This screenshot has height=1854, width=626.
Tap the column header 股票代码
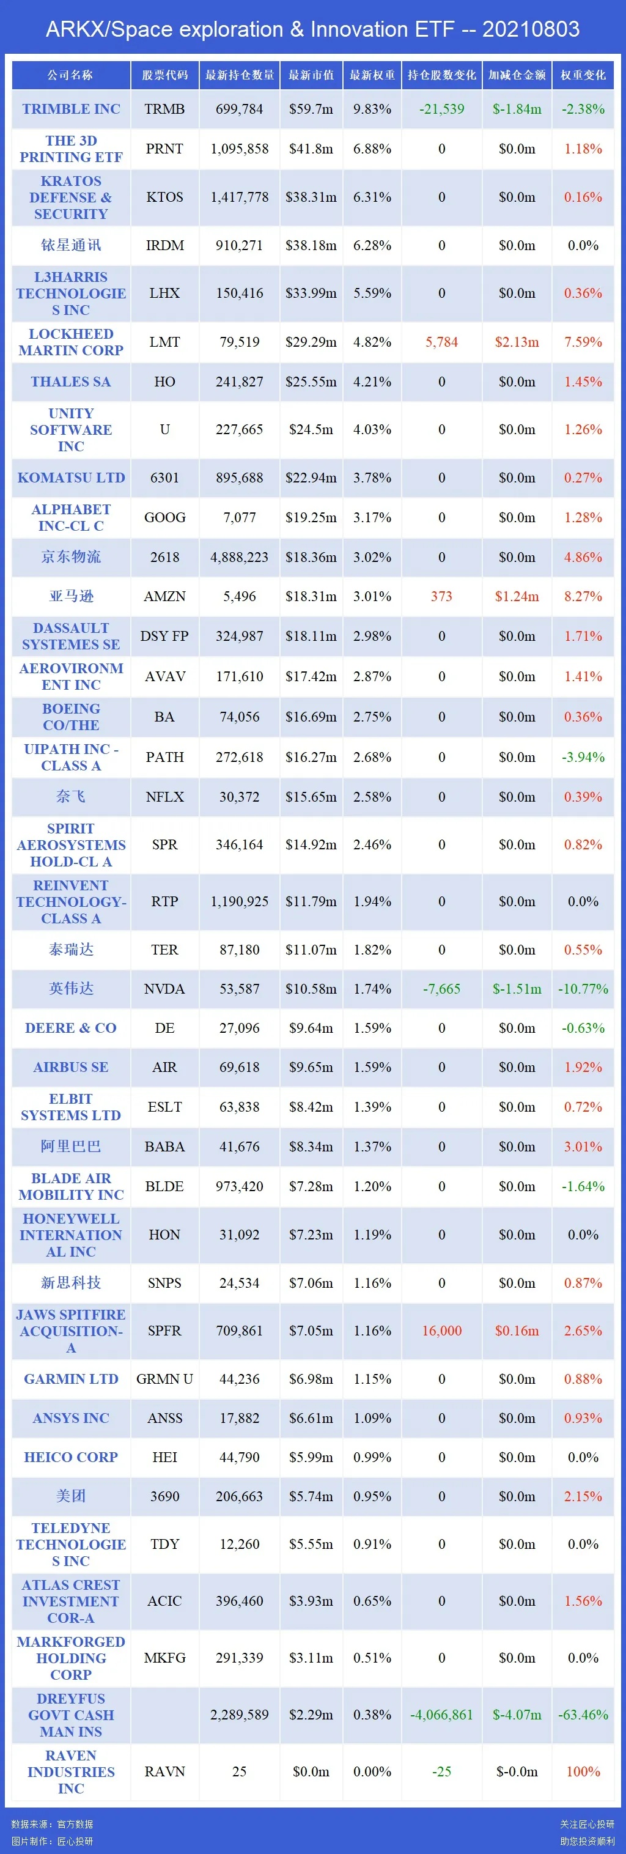[x=165, y=75]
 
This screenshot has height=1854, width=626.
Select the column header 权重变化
[x=583, y=75]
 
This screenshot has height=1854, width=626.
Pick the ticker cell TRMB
[x=165, y=109]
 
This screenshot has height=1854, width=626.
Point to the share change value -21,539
[x=442, y=109]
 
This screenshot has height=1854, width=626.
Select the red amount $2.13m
[x=517, y=342]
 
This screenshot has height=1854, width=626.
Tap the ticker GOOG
[x=165, y=517]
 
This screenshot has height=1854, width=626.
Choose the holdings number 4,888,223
[x=240, y=557]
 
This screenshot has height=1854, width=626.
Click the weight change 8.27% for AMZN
[x=583, y=597]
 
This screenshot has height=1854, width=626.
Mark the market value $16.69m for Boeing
[x=311, y=717]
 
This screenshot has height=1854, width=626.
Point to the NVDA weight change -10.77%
[x=583, y=989]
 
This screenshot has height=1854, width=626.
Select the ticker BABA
[x=165, y=1147]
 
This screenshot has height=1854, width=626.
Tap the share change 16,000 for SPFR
[x=442, y=1331]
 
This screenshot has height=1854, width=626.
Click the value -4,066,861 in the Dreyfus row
[x=442, y=1715]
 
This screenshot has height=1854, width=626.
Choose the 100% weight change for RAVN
[x=583, y=1772]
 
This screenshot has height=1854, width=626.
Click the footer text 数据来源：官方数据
[x=53, y=1824]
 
